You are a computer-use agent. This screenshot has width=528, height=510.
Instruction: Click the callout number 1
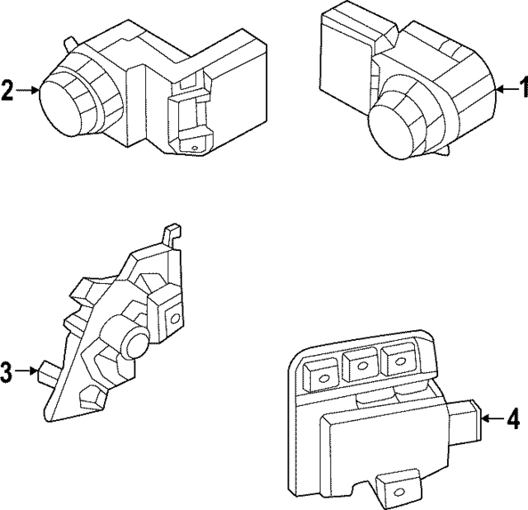[521, 87]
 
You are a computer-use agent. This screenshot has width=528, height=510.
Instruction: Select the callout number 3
[7, 373]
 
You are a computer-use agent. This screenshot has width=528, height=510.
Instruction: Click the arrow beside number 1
[505, 87]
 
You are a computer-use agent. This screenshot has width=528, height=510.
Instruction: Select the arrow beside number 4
[493, 420]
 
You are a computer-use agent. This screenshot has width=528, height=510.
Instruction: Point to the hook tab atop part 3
[172, 233]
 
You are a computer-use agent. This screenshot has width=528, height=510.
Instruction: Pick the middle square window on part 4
[361, 363]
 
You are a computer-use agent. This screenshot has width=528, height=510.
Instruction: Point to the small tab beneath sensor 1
[446, 150]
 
